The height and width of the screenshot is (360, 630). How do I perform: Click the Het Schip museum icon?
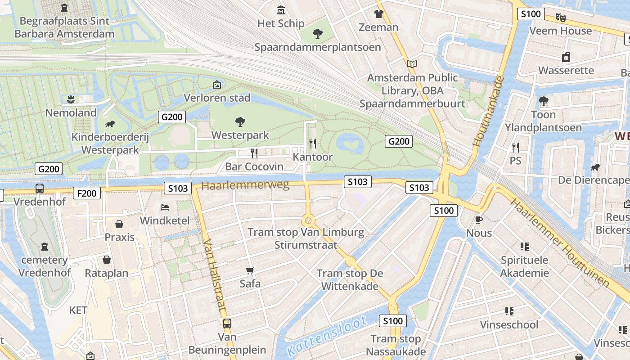281,10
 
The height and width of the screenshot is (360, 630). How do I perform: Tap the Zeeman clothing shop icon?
378,14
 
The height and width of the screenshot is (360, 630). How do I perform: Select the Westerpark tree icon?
240,121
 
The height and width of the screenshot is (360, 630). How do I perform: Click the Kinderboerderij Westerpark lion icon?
110,124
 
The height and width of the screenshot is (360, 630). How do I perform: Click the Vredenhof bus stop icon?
40,188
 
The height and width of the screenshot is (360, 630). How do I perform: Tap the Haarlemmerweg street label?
245,185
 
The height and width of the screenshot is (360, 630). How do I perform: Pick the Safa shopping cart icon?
250,270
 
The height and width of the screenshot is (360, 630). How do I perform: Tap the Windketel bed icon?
165,207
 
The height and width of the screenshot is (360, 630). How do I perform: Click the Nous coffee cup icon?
479,220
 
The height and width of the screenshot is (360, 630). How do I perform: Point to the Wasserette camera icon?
566,57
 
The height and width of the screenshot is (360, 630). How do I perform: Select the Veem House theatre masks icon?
560,18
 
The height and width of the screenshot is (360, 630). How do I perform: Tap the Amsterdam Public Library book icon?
412,64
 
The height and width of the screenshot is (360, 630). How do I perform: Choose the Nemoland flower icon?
71,99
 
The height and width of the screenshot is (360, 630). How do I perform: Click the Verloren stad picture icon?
217,84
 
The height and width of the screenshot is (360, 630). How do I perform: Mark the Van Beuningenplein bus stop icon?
227,323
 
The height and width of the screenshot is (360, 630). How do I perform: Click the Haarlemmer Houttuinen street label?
560,243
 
